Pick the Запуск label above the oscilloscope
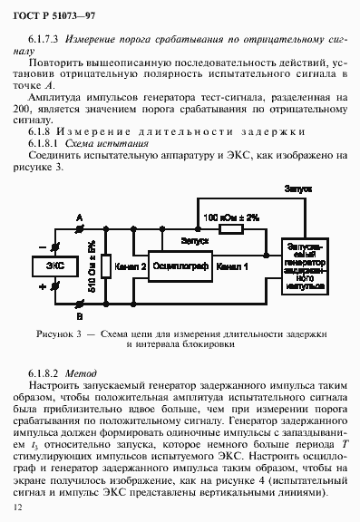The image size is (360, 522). point(195,240)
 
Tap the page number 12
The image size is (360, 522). point(18,510)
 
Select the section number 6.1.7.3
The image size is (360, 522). point(44,42)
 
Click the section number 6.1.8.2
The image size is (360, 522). point(44,373)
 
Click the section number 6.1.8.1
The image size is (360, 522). point(44,142)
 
